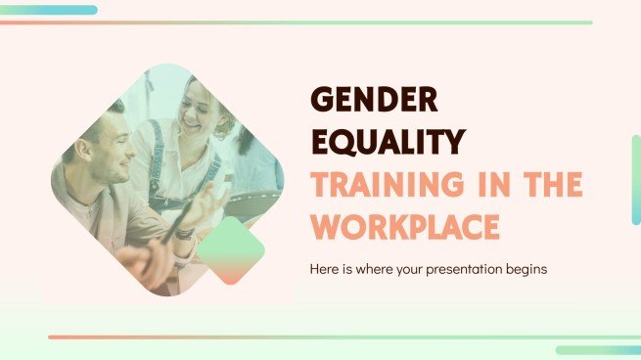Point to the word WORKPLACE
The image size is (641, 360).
pos(405,226)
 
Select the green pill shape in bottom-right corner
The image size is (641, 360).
pos(598,349)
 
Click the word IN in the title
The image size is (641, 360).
pos(486,184)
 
